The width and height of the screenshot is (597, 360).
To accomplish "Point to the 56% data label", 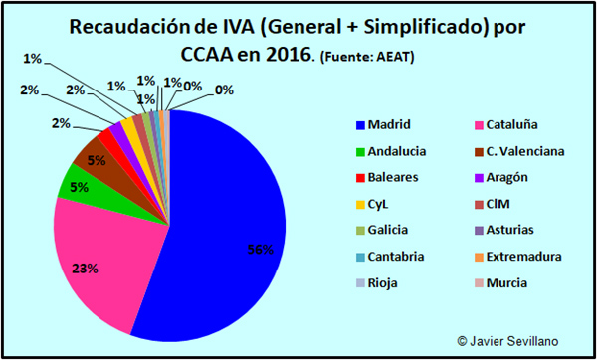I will [260, 250].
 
